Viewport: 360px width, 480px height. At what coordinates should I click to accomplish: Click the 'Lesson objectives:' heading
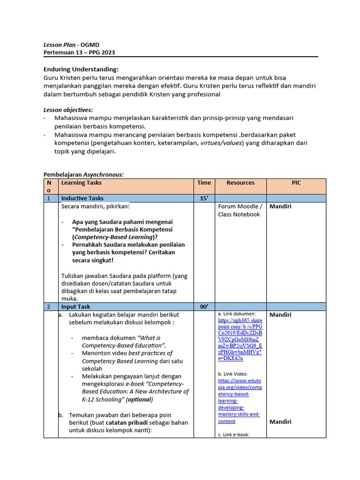pos(68,110)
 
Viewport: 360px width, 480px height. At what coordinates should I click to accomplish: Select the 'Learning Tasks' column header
pos(81,183)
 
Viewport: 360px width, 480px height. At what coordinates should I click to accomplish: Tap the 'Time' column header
pos(204,183)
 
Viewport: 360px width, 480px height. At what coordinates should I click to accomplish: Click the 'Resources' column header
pos(240,183)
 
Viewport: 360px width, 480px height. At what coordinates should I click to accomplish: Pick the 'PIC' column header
pos(296,183)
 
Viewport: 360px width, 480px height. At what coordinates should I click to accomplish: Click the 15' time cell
pos(204,198)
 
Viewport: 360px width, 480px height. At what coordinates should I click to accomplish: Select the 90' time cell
pos(204,307)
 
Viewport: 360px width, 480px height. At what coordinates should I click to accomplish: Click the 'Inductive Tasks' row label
pos(82,198)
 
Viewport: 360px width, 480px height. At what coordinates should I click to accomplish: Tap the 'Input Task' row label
pos(75,307)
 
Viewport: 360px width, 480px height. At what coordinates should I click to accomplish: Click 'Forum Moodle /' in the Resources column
pos(240,206)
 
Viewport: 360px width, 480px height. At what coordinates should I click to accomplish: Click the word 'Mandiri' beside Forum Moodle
pos(280,206)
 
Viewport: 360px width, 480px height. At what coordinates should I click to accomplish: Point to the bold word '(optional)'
pos(139,400)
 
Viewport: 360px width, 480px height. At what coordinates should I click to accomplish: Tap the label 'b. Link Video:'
pos(235,374)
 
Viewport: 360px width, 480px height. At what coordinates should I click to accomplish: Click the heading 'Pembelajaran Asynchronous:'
pos(83,174)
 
